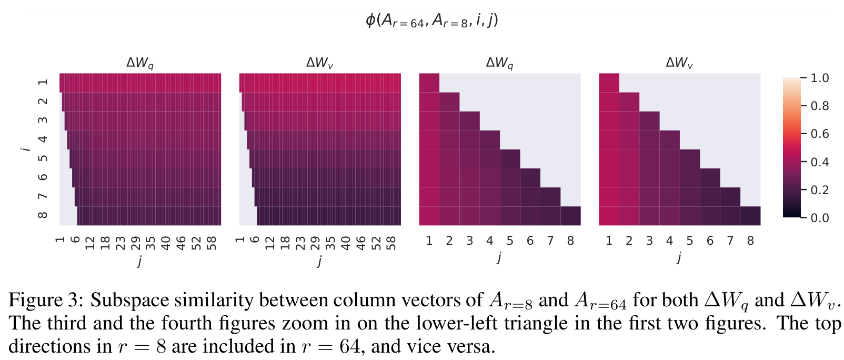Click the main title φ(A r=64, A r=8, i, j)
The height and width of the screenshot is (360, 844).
coord(432,21)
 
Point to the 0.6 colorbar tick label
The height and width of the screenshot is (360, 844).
coord(820,134)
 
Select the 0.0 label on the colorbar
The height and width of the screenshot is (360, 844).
coord(820,218)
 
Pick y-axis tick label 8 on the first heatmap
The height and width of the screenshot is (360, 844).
coord(43,215)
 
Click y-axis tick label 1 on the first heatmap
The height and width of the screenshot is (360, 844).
coord(43,82)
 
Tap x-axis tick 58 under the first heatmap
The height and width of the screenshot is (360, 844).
coord(212,243)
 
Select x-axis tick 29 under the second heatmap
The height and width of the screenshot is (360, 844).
coord(315,243)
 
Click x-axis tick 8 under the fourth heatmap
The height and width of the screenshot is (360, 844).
coord(750,241)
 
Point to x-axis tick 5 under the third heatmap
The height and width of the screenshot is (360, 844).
coord(510,241)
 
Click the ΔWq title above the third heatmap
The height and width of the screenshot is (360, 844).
coord(500,63)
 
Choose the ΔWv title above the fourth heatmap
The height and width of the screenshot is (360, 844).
coord(679,63)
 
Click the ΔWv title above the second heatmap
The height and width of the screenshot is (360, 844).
coord(319,63)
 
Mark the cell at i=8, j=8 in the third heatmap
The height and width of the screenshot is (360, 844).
coord(570,216)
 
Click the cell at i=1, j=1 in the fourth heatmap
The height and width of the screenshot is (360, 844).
coord(609,83)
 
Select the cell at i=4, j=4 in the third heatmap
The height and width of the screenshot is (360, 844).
coord(490,140)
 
